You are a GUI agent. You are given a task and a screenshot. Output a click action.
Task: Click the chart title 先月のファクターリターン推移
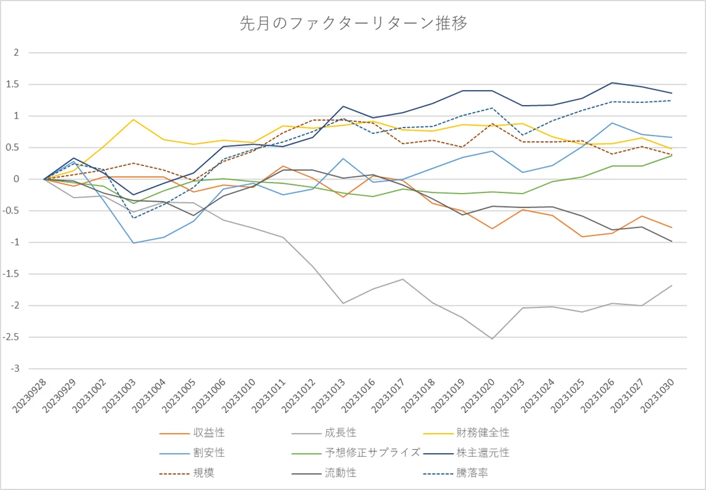click(353, 24)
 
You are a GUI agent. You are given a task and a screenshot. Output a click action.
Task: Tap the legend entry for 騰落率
click(473, 473)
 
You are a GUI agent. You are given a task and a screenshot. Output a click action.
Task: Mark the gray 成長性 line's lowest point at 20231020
click(492, 339)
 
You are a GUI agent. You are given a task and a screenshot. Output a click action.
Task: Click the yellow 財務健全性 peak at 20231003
click(133, 119)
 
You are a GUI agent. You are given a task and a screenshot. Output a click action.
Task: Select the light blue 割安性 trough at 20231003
click(133, 243)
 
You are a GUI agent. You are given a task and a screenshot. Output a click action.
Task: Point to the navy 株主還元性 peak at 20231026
click(612, 83)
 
